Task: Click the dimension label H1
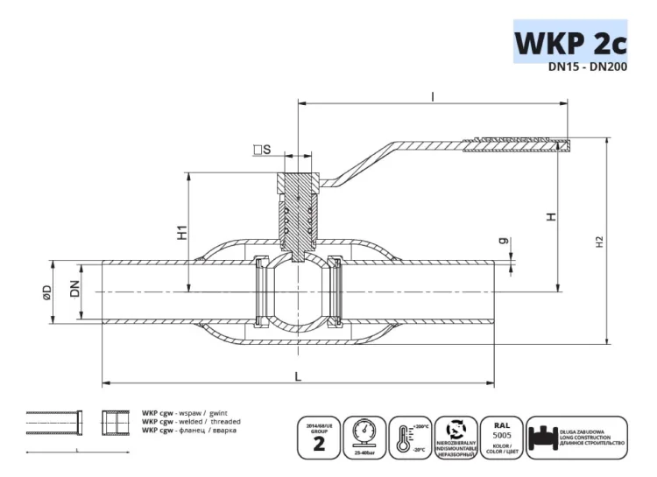tap(182, 232)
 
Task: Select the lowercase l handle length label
tap(433, 97)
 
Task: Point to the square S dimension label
tap(261, 151)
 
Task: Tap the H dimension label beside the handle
tap(550, 215)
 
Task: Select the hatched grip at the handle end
tap(521, 141)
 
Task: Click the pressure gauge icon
tap(363, 437)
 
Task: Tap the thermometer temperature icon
tap(408, 437)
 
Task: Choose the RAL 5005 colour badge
tap(502, 437)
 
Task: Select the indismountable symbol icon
tap(456, 437)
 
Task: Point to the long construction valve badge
tap(577, 437)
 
